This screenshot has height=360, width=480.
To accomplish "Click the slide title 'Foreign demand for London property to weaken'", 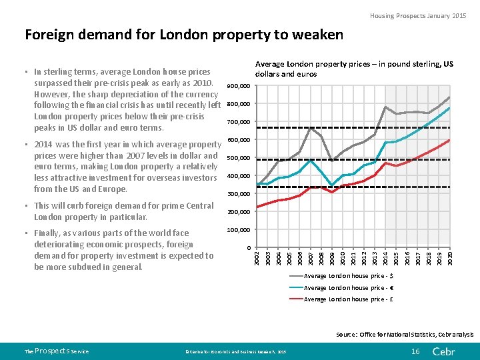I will click(183, 35).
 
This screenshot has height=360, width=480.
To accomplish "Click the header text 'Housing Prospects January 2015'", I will click(419, 15).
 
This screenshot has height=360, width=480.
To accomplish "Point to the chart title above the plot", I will click(354, 69).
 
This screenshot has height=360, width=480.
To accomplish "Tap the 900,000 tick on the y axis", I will click(238, 87).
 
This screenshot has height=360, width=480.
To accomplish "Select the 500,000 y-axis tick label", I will click(238, 158).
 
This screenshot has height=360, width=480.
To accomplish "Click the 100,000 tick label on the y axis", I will click(238, 230).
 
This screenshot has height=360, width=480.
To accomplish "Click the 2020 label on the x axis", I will click(450, 259).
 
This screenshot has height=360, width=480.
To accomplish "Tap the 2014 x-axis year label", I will click(386, 259).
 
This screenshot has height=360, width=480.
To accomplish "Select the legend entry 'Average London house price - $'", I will click(348, 276).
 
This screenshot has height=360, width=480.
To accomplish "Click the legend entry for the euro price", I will click(348, 288).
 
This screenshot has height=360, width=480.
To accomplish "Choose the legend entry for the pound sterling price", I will click(348, 299).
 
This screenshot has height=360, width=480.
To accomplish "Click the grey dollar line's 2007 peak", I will click(311, 127).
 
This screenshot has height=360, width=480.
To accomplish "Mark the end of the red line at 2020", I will click(450, 140).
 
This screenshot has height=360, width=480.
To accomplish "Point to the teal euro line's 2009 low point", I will click(332, 185).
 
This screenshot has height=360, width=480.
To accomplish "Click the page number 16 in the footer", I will click(415, 351).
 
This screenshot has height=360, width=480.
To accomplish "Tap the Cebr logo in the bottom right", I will click(445, 351).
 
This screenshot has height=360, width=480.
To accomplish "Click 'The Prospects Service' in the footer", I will click(56, 351).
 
